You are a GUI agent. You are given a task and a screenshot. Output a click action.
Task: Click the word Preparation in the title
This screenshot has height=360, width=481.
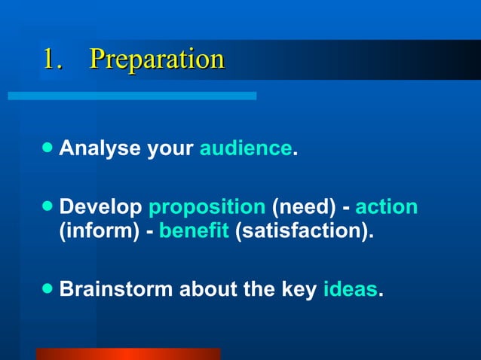pos(157,59)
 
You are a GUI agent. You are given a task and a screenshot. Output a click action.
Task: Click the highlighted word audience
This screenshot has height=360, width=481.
pos(245,148)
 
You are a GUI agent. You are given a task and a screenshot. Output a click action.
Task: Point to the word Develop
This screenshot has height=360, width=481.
pos(101,207)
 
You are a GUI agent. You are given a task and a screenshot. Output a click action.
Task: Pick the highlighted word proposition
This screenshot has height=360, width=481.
pos(207,207)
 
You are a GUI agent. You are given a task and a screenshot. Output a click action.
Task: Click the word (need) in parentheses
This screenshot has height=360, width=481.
pos(301,207)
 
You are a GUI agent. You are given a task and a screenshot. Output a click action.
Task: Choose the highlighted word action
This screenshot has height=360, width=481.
pos(386,207)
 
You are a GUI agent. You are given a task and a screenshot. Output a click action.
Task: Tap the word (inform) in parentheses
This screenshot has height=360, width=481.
pos(100,230)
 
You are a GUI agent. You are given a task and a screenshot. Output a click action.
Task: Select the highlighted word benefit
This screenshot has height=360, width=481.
pos(194,230)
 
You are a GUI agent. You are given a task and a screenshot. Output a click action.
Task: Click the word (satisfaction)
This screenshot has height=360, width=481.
pos(305,230)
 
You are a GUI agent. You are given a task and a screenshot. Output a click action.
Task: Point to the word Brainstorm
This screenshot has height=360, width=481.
pos(116,288)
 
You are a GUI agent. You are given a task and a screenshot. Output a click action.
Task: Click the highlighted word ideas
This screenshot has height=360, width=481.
pos(350,288)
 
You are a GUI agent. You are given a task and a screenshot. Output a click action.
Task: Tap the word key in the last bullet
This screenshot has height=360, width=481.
pos(299,288)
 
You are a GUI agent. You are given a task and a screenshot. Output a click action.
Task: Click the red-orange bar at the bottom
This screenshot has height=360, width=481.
pos(127,354)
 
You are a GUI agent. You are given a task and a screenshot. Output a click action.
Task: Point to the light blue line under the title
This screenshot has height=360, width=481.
pos(132,96)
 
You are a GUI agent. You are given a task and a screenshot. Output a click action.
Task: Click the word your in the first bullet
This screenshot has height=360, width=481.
pos(170,150)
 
